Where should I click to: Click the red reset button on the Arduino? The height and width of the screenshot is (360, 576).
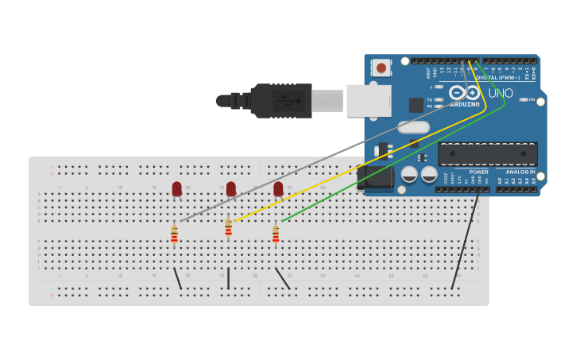(381, 68)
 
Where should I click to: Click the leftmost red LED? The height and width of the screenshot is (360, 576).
(176, 189)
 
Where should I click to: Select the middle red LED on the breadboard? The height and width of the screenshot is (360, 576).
(231, 189)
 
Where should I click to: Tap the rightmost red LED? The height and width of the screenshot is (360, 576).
(278, 189)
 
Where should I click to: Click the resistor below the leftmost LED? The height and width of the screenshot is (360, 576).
(174, 234)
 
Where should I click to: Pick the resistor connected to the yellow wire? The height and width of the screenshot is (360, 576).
(228, 230)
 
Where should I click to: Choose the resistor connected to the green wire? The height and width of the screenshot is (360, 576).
(276, 234)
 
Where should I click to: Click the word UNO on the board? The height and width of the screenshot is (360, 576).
(501, 93)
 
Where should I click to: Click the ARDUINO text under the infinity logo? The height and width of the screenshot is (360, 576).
(465, 104)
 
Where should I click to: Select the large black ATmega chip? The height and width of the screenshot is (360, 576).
(488, 153)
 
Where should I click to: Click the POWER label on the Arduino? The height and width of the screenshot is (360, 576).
(478, 172)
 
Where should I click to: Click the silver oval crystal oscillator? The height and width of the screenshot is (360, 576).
(413, 127)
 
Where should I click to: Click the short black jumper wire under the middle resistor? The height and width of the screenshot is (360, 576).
(228, 278)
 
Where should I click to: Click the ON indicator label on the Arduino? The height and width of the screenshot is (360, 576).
(532, 99)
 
